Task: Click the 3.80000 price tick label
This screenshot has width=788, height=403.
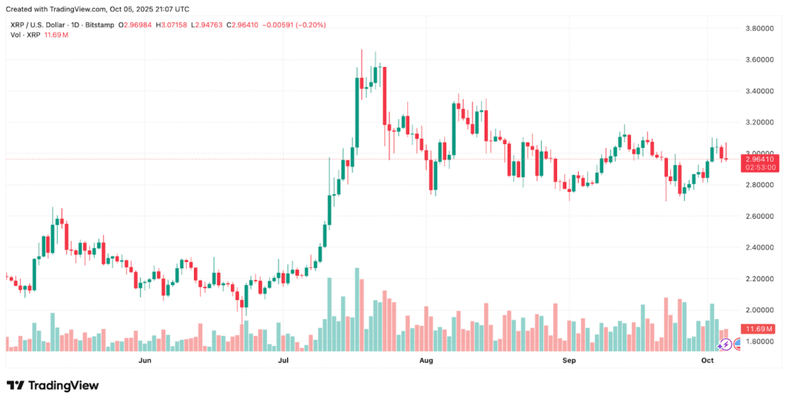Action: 756,29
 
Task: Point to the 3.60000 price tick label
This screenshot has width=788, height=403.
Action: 756,59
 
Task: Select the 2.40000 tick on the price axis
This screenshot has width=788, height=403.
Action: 756,247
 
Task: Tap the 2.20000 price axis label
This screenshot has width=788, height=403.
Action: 756,278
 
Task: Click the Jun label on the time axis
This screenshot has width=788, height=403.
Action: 144,360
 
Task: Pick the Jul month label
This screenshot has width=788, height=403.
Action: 283,360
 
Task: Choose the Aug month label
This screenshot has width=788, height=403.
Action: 426,360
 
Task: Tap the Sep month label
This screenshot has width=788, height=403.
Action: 569,360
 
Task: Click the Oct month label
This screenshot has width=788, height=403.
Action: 708,360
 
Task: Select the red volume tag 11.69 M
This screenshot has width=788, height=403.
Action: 755,329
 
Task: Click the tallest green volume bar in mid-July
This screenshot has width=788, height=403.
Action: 357,309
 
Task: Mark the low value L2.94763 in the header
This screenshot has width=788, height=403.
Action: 212,25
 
